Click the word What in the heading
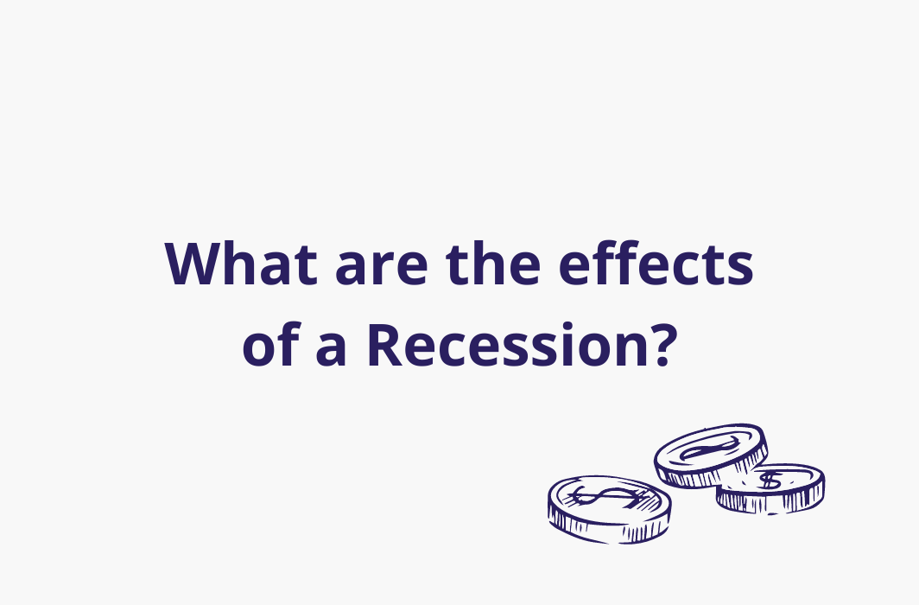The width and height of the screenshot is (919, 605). point(241,264)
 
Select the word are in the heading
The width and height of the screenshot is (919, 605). point(382,268)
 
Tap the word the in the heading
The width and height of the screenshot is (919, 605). point(493,264)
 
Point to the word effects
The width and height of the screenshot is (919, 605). point(656,264)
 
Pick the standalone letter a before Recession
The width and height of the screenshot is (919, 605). point(331,349)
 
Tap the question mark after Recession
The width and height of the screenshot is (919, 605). point(662,345)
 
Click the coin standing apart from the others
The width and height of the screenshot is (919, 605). point(610,509)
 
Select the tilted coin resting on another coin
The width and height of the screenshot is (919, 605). point(711,455)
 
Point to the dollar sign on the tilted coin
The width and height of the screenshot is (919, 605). point(708,448)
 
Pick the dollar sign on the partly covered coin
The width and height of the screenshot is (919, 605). point(770,481)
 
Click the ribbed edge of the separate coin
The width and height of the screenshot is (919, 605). point(610,527)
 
